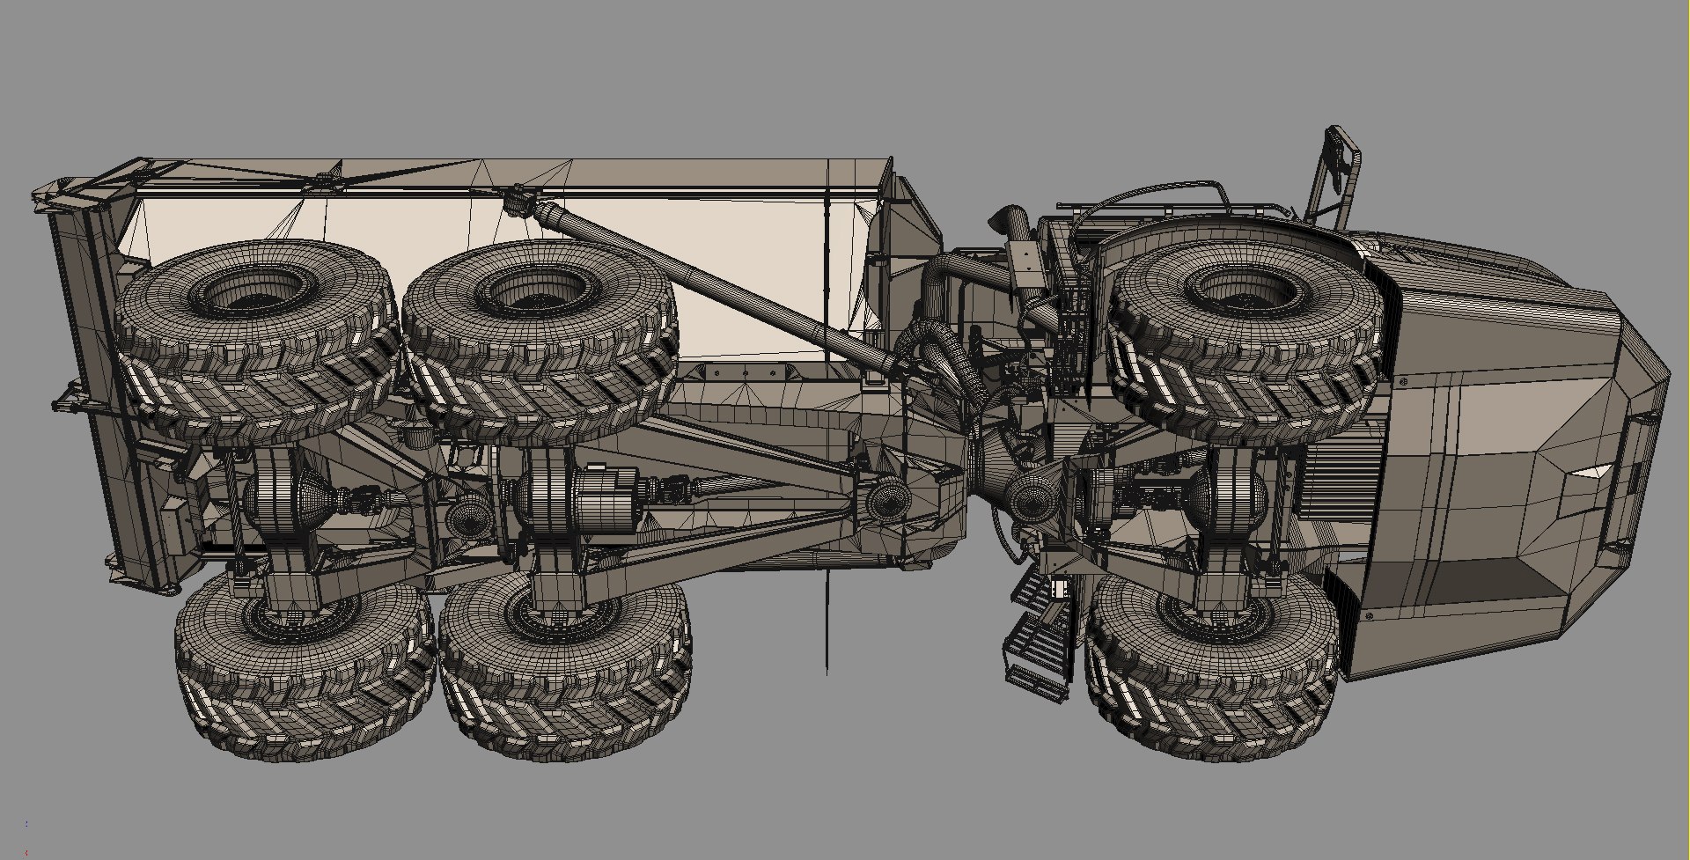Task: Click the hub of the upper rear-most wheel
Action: (255, 290)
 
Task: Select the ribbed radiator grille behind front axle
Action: (1338, 484)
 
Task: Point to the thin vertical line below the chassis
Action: (827, 625)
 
